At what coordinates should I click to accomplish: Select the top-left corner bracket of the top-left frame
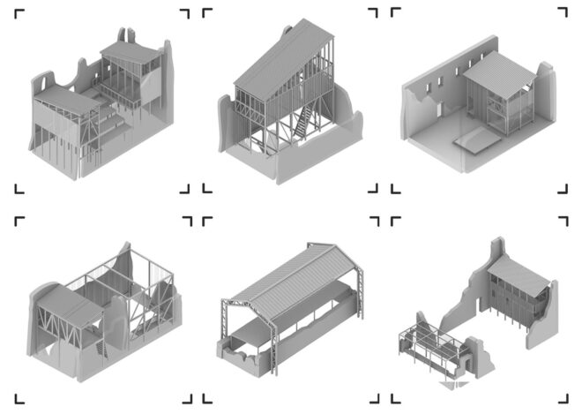click(19, 13)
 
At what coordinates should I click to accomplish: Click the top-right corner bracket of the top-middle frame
click(372, 13)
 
